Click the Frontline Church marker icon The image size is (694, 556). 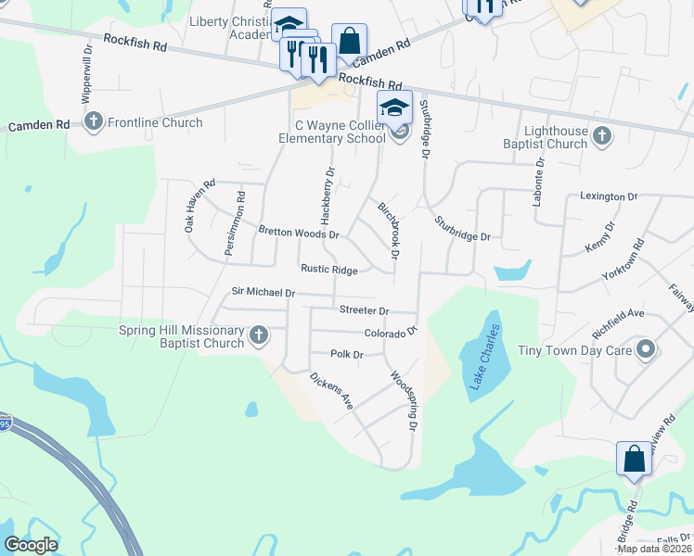pyautogui.click(x=93, y=121)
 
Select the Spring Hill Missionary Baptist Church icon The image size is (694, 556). pyautogui.click(x=259, y=335)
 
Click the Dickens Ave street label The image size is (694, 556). pyautogui.click(x=332, y=390)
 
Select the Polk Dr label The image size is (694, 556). pyautogui.click(x=346, y=354)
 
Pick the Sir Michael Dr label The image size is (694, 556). pyautogui.click(x=263, y=293)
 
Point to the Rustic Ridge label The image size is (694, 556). pyautogui.click(x=328, y=270)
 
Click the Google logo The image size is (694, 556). pyautogui.click(x=31, y=545)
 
